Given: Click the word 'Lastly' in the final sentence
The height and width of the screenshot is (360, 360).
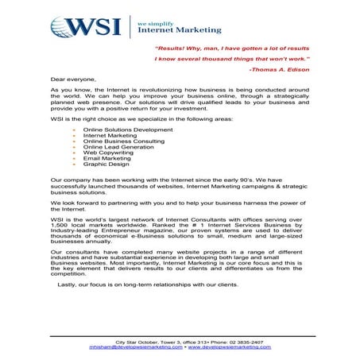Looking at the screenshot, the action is point(67,283).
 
